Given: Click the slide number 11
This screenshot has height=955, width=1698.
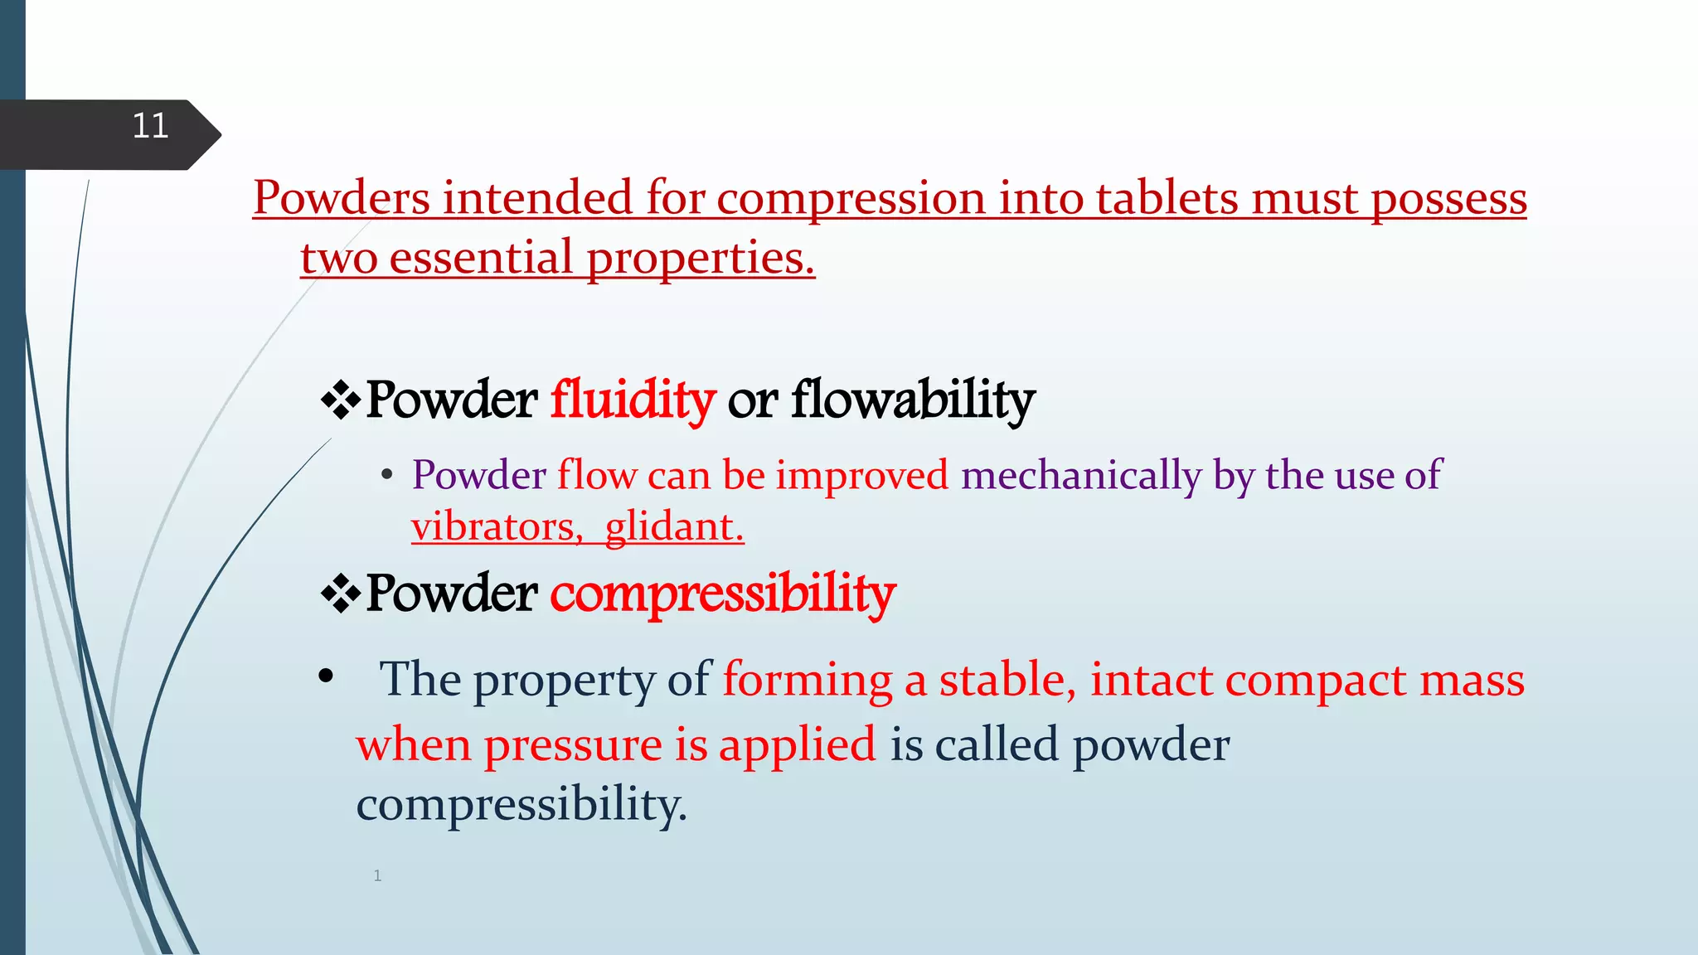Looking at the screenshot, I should (x=150, y=126).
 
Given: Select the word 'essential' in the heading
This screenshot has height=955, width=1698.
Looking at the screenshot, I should (x=481, y=258).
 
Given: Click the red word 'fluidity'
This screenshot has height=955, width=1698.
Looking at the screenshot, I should (x=633, y=400).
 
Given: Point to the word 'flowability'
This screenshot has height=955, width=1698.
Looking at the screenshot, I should (x=913, y=400).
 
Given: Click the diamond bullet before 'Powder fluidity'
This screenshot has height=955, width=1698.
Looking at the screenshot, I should (x=340, y=401).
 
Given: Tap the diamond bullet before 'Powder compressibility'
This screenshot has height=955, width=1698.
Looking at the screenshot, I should (x=340, y=594).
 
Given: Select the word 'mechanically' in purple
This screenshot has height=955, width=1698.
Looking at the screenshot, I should (x=1080, y=476).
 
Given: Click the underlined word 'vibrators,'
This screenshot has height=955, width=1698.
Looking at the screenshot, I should (x=497, y=527).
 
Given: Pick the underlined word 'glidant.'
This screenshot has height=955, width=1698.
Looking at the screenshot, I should (x=674, y=527).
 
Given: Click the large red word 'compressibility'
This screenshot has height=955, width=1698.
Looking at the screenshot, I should (x=723, y=594).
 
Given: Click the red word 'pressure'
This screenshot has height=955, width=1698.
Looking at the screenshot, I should (x=573, y=744).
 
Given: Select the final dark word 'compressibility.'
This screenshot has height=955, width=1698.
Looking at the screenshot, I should (x=522, y=804).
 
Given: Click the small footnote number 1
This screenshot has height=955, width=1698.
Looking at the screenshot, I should (x=377, y=875).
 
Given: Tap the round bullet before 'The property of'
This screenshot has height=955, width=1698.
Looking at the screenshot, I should (x=326, y=676).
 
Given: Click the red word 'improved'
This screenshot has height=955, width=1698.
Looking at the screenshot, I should (x=861, y=476).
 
